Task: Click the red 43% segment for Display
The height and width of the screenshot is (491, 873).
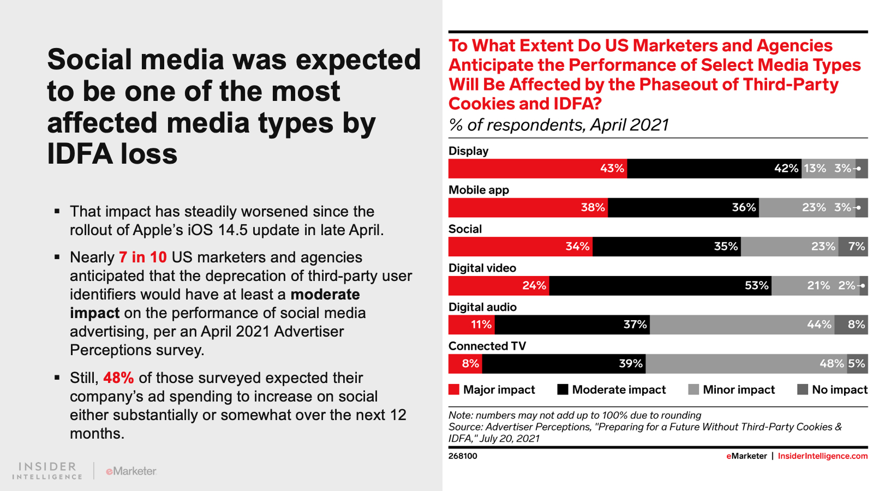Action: tap(537, 169)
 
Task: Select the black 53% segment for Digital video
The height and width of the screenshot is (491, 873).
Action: tap(660, 286)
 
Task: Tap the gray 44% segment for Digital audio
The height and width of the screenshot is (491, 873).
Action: tap(742, 325)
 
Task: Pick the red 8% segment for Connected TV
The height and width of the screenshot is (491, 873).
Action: tap(465, 364)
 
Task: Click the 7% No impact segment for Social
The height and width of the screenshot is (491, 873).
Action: tap(853, 247)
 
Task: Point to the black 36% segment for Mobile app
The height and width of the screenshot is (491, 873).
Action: tap(683, 208)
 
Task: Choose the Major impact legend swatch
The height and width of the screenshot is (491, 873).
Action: tap(454, 390)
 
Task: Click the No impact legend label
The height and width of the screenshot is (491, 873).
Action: tap(839, 390)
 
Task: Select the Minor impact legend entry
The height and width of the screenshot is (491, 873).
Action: tap(732, 390)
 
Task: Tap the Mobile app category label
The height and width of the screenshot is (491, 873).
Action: tap(479, 190)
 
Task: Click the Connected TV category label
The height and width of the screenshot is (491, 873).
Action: tap(487, 346)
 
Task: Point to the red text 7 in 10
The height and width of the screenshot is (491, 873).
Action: tap(143, 257)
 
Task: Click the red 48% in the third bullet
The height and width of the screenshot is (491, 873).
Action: tap(118, 378)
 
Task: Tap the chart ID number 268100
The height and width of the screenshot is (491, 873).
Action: tap(463, 456)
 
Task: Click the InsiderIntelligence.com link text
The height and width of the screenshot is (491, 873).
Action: tap(822, 456)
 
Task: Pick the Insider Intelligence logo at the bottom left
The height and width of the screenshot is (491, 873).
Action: tap(47, 471)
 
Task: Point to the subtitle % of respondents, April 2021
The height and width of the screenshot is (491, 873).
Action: tap(559, 125)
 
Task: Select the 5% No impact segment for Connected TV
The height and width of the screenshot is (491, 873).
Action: tap(857, 364)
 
